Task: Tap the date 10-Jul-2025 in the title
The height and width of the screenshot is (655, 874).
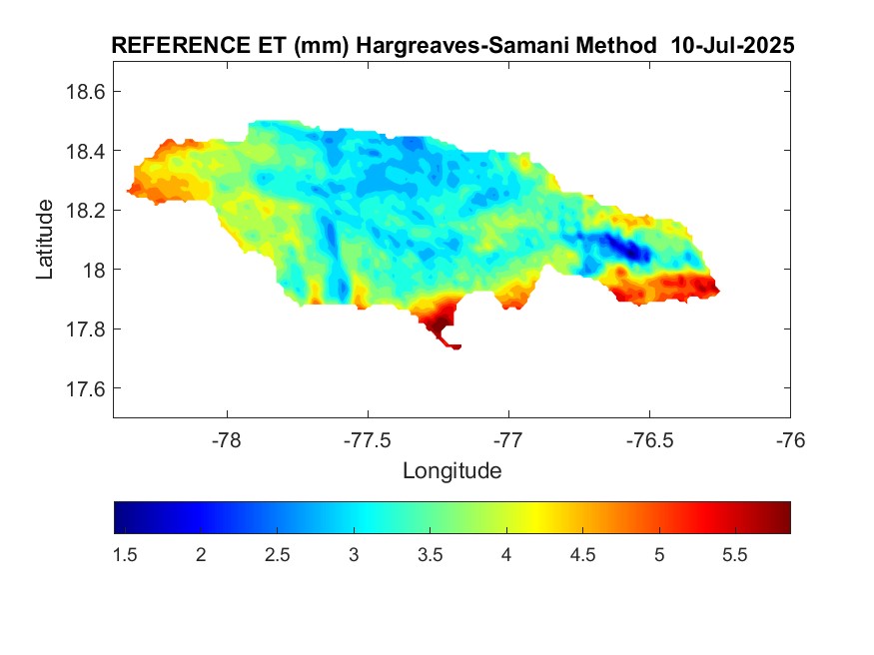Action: click(733, 46)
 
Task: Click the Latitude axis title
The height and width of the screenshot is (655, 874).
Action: click(45, 239)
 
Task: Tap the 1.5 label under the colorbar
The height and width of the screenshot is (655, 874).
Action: click(125, 555)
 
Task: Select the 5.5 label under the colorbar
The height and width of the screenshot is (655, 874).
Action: click(735, 555)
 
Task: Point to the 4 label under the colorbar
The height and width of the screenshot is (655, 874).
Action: click(506, 555)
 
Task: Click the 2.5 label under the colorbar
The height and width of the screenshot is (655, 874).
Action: click(278, 555)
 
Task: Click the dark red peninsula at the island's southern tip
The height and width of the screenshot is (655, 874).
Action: click(437, 324)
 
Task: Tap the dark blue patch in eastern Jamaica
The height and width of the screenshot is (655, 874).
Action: click(619, 246)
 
